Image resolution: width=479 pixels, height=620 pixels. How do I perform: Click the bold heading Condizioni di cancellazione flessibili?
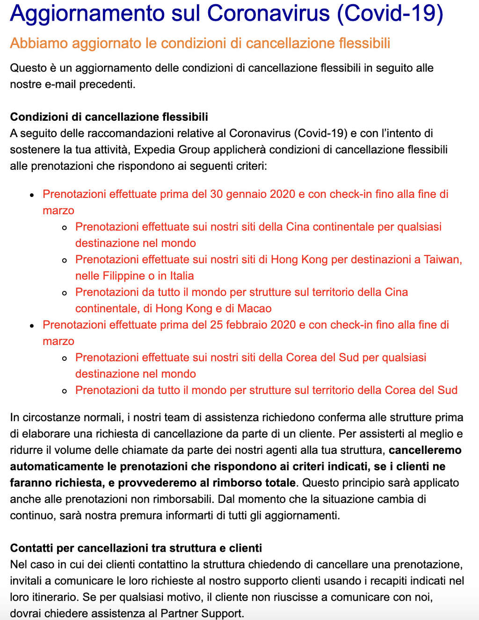109,117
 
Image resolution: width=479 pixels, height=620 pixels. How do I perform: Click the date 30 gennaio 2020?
253,194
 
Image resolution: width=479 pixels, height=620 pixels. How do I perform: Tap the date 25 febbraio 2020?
253,324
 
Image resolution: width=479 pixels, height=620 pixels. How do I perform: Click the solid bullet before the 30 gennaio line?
32,195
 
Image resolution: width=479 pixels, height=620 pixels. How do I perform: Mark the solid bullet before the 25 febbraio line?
32,325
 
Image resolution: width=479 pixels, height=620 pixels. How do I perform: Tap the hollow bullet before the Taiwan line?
65,260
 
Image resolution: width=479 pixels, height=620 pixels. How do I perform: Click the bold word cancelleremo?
425,450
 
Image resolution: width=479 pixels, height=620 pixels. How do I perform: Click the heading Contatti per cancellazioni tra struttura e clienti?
136,548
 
